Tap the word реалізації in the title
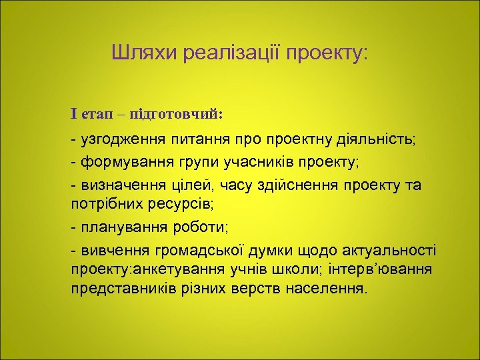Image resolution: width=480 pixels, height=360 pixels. [228, 53]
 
